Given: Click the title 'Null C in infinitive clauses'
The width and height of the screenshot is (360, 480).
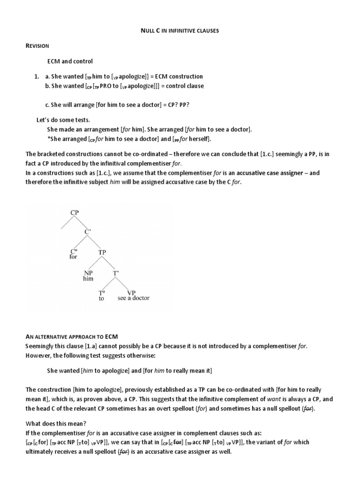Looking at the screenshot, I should point(180,30).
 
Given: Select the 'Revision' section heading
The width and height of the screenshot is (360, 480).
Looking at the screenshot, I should point(38,45).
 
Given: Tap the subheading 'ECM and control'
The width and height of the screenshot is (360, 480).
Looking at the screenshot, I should point(70,61).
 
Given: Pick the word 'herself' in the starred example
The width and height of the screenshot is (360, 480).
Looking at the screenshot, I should point(199,139).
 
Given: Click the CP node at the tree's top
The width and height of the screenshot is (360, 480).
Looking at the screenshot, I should point(75,212).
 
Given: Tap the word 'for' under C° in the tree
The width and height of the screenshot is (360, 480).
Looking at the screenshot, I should point(73,257).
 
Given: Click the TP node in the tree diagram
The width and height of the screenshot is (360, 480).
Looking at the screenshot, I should point(102,252).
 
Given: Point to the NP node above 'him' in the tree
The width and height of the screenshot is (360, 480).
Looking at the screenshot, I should point(88,272).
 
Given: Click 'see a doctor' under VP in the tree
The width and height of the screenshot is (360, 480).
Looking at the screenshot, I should point(134,298).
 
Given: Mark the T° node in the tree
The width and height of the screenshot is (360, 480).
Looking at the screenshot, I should point(102,292).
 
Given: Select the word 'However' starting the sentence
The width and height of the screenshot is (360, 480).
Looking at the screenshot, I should point(38,355).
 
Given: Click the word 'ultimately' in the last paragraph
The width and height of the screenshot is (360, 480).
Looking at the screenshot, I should point(39,451).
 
